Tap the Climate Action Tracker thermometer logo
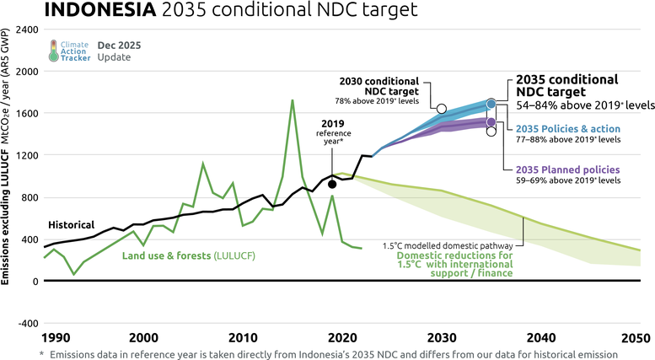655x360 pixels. click(55, 50)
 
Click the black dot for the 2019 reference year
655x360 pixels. click(333, 184)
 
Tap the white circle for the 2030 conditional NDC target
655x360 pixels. click(442, 108)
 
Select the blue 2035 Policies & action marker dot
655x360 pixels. click(491, 105)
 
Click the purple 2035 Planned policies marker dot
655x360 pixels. click(491, 122)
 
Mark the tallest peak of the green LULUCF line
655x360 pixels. click(292, 100)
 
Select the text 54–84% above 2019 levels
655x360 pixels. click(584, 106)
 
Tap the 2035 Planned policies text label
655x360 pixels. click(567, 169)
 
